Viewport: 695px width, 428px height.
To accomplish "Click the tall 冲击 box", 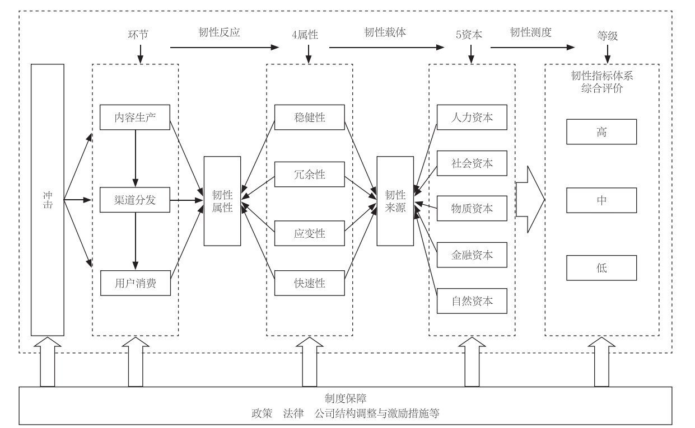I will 48,200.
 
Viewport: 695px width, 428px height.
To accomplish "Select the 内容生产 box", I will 134,117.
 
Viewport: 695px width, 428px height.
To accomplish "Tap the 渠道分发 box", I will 134,200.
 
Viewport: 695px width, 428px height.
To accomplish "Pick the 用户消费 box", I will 134,283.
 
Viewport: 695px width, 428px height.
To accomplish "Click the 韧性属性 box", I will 222,201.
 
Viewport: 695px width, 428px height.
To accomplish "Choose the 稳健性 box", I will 309,117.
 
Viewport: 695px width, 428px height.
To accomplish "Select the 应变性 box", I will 309,233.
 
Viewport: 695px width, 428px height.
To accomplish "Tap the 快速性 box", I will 309,283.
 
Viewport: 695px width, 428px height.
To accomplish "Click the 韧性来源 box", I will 395,201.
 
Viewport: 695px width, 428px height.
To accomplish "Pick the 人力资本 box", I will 472,117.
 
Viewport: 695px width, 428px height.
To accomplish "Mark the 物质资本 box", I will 472,209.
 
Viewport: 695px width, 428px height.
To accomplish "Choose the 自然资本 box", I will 472,300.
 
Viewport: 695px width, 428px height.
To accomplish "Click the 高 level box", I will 601,132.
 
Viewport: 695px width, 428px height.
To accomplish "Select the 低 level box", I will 601,268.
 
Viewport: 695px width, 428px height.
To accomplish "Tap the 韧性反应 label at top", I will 219,32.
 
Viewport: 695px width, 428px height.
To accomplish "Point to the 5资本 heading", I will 470,35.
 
